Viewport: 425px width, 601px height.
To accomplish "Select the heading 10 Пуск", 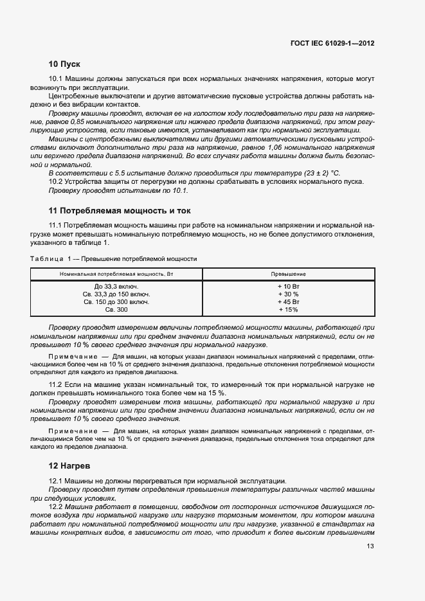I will [x=64, y=64].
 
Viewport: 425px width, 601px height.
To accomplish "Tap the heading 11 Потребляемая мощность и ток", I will [x=120, y=211].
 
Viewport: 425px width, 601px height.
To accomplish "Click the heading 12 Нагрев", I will [x=70, y=465].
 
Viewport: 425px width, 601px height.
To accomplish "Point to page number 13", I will [x=370, y=546].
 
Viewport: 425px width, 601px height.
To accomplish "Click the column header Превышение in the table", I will [x=289, y=274].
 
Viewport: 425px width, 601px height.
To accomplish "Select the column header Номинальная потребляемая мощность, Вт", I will [x=116, y=274].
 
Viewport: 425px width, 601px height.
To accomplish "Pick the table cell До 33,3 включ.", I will [x=116, y=286].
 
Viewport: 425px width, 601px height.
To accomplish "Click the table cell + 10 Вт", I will [x=289, y=286].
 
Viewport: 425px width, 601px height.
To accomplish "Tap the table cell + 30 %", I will [x=289, y=294].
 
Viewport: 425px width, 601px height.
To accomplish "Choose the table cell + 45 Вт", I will [x=289, y=301].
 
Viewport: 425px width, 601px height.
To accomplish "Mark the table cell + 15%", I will [x=289, y=309].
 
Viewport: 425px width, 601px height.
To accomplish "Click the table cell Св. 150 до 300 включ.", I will [x=116, y=301].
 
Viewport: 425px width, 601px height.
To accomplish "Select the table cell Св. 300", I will [x=116, y=309].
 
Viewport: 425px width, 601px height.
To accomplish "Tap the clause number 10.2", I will [x=57, y=182].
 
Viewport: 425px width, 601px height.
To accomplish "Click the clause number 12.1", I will [x=57, y=480].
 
